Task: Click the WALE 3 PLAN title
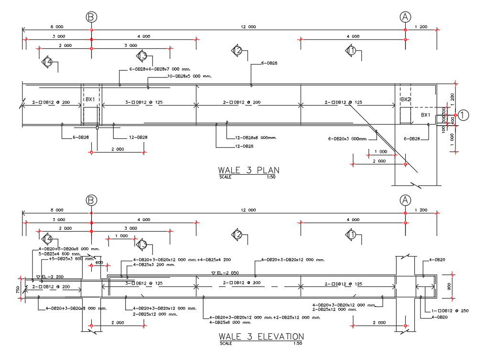click(x=248, y=170)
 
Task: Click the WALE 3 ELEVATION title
click(x=261, y=337)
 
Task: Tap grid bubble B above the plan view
click(x=91, y=17)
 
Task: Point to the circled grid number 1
click(x=464, y=115)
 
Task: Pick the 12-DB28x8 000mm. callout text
click(x=256, y=138)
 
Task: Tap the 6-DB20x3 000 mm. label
click(x=347, y=139)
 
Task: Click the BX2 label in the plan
click(x=406, y=100)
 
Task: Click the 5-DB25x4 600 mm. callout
click(x=60, y=254)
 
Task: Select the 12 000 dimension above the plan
click(x=248, y=27)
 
